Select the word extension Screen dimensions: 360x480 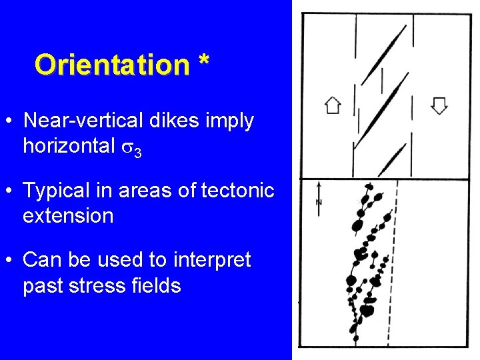(x=68, y=216)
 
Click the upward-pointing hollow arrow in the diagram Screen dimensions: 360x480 (x=332, y=105)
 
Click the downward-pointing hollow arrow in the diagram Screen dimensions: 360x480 (x=439, y=105)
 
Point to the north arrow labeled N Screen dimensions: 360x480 (x=319, y=198)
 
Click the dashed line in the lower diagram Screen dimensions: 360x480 (x=395, y=267)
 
